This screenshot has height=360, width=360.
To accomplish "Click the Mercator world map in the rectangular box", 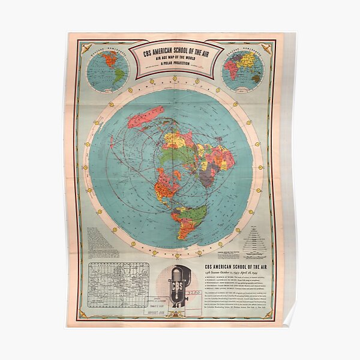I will [x=118, y=284].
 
